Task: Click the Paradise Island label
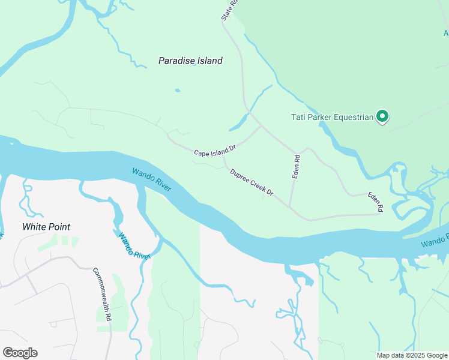190,61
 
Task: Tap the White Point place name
46,227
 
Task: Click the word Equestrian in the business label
351,117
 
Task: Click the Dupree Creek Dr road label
252,182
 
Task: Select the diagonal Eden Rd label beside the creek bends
376,202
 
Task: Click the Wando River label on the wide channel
152,179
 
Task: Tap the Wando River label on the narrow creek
133,245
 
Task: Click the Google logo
20,353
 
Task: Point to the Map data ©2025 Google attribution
412,355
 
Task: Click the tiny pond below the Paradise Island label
177,91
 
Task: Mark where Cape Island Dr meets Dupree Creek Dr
224,158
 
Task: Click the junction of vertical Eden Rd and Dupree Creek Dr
291,208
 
